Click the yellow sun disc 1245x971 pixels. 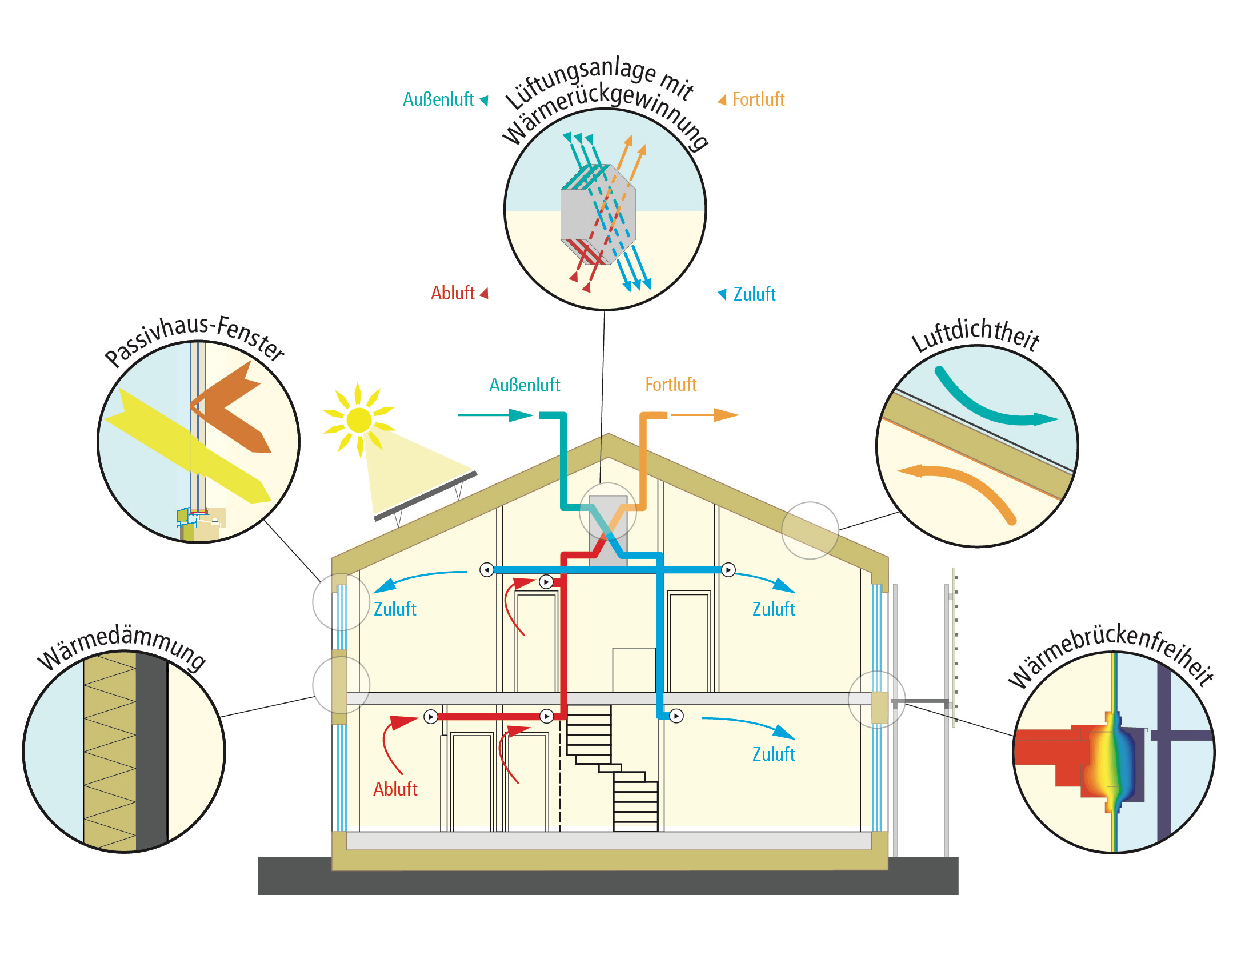click(x=358, y=420)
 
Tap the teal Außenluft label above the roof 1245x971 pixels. click(x=524, y=385)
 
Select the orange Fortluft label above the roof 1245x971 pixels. click(x=670, y=385)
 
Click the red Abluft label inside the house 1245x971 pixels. click(x=395, y=789)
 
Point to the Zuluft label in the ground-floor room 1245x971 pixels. click(x=773, y=754)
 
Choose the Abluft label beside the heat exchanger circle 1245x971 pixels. click(x=453, y=293)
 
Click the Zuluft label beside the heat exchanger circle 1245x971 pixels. click(x=754, y=294)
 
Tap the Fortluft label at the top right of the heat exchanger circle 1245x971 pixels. click(x=758, y=99)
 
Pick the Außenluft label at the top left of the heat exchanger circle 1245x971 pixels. click(x=438, y=99)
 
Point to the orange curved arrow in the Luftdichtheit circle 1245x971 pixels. click(x=966, y=486)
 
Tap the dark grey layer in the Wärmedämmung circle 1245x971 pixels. click(x=151, y=749)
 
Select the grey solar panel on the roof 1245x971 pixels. click(x=426, y=496)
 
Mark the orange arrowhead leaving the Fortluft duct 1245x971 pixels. click(x=726, y=415)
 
